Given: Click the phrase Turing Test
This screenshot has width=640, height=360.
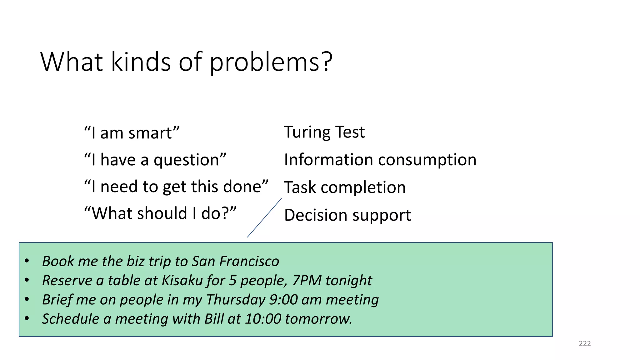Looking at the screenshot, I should (324, 132).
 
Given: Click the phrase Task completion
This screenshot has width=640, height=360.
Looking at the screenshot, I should (345, 187).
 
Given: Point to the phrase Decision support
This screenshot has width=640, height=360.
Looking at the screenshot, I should (347, 215).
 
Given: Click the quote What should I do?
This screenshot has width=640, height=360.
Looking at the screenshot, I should (160, 213).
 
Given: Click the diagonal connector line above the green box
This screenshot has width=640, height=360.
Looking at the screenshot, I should (264, 218).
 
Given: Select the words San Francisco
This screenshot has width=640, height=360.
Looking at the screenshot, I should (235, 261).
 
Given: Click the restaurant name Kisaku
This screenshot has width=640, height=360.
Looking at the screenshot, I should (182, 280).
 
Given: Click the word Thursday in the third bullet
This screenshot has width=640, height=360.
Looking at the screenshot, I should (236, 300).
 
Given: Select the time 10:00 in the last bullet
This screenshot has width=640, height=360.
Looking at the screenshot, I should (263, 319).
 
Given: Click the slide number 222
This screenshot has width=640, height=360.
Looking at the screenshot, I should (585, 343).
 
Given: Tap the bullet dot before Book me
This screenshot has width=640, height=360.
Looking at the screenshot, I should (27, 261).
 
